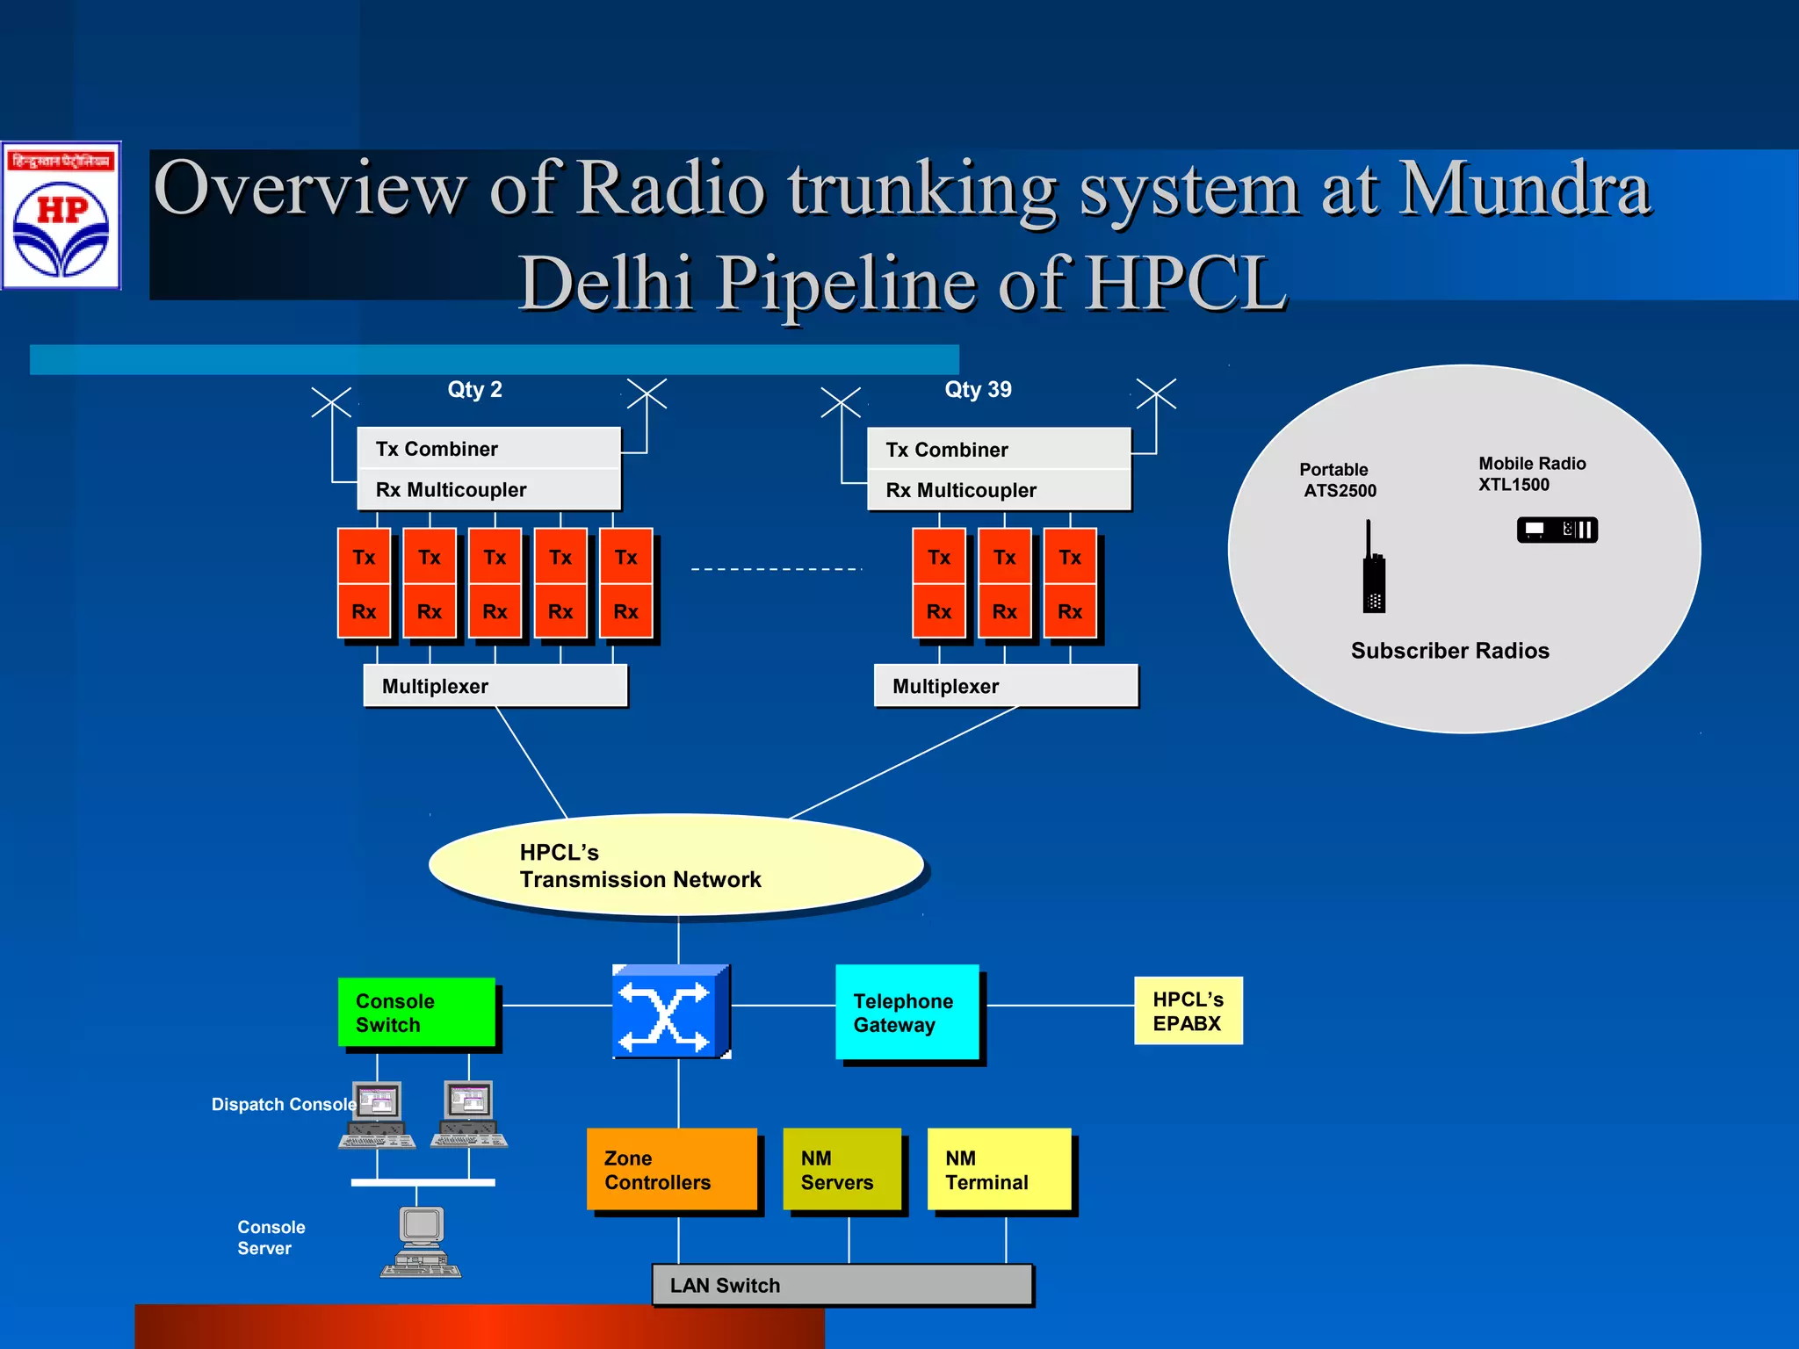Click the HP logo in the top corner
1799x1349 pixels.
(x=61, y=216)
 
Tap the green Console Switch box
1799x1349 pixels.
(x=416, y=1012)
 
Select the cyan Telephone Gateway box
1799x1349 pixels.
(x=907, y=1012)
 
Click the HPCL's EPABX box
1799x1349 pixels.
(x=1188, y=1011)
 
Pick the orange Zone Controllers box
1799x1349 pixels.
(x=672, y=1169)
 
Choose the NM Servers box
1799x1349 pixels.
(x=842, y=1169)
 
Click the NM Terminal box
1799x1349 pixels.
(x=999, y=1169)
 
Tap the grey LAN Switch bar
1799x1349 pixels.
(x=842, y=1285)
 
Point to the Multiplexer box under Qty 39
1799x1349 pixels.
(x=1006, y=686)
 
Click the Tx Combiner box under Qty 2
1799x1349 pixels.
(x=488, y=449)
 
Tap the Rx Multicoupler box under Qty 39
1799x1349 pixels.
(x=999, y=490)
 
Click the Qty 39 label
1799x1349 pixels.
(x=978, y=389)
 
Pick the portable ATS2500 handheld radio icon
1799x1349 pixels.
(x=1374, y=571)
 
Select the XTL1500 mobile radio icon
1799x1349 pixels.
(x=1557, y=530)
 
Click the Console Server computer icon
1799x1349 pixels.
(x=421, y=1241)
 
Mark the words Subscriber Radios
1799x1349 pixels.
(x=1449, y=651)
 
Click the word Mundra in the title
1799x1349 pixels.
(x=1524, y=188)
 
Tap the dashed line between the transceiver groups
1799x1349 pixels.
(x=777, y=569)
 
